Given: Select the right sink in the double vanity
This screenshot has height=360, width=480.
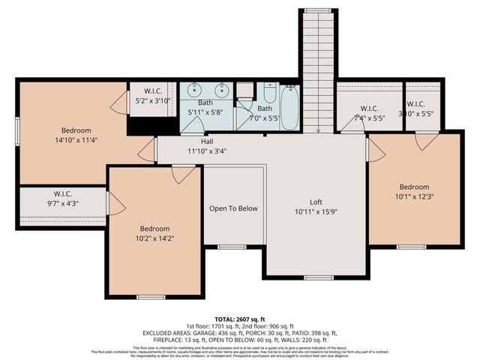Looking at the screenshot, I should click(x=222, y=91).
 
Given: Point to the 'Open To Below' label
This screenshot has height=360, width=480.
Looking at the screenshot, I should click(x=233, y=208).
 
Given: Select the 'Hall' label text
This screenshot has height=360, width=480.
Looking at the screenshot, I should click(x=208, y=141).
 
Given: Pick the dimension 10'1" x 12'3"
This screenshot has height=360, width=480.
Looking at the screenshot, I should click(x=414, y=196).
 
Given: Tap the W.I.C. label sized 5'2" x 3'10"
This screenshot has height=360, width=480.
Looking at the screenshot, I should click(x=153, y=99).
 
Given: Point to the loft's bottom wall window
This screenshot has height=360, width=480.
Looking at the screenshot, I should click(x=318, y=277).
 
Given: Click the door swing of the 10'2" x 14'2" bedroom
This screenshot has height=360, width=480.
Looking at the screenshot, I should click(x=179, y=174).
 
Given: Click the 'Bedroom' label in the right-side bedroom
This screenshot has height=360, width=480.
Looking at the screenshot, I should click(x=414, y=187).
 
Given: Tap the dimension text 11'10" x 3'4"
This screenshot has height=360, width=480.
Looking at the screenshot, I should click(x=208, y=150).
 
